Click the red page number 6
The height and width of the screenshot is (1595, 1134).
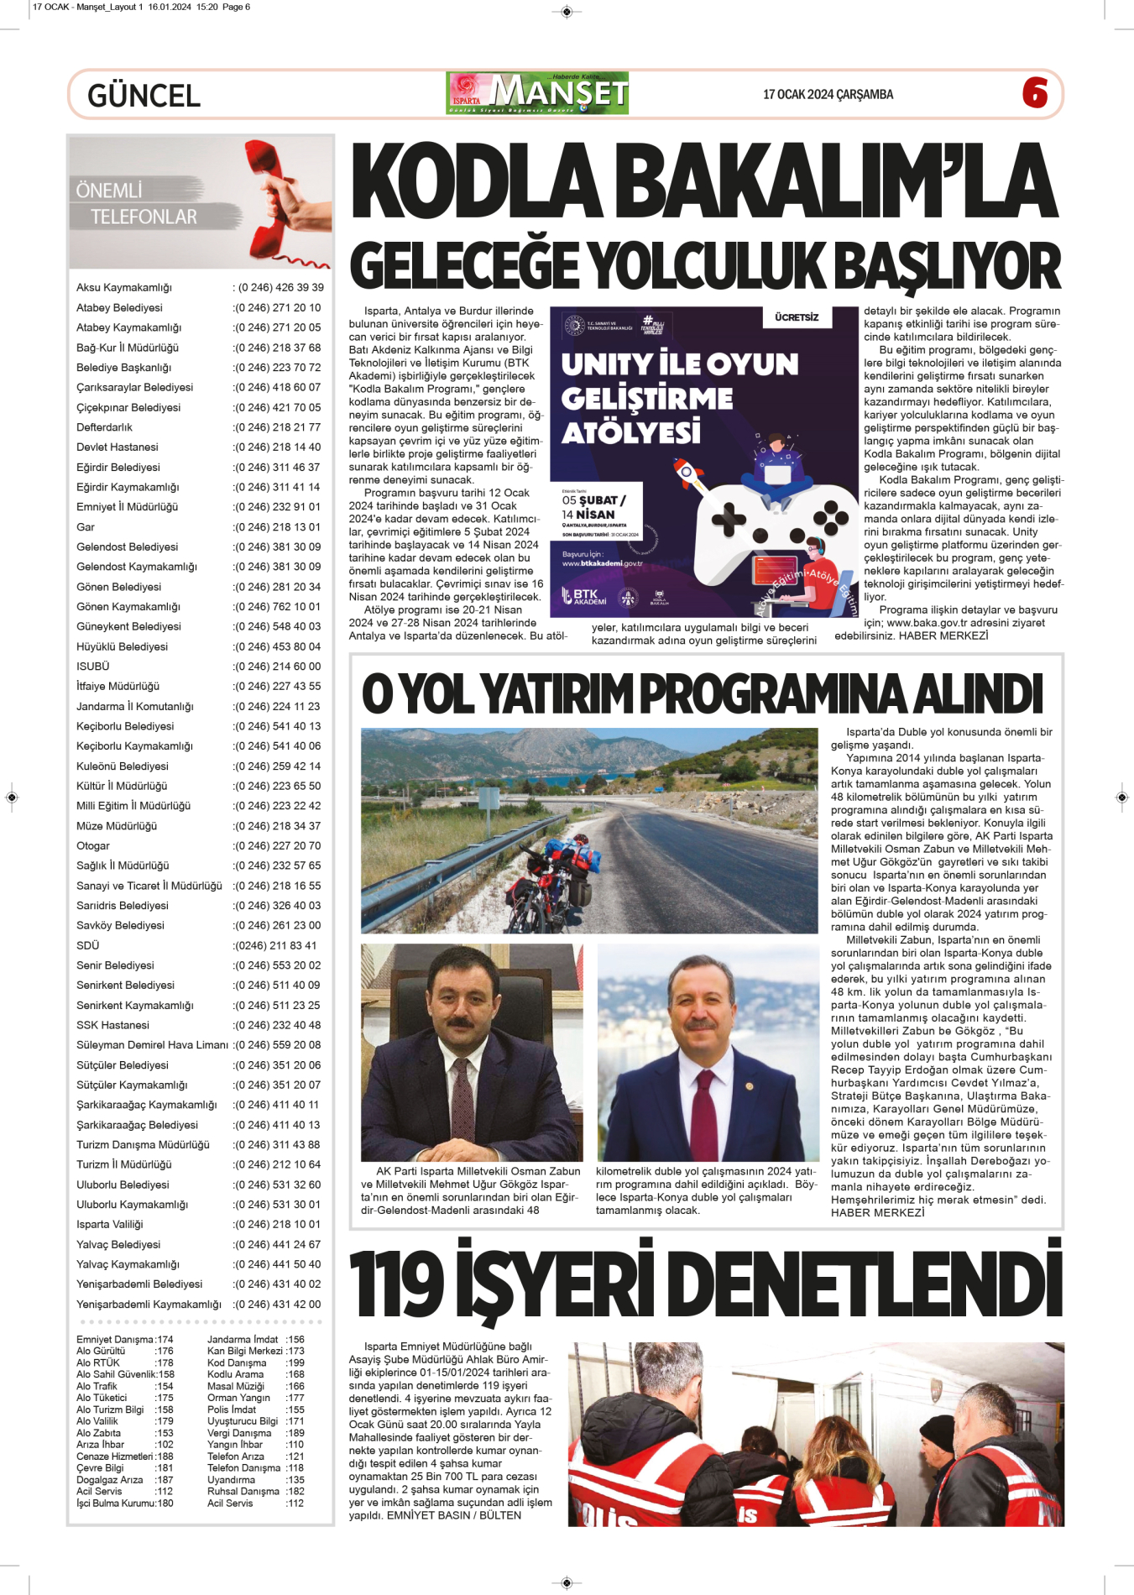[1035, 92]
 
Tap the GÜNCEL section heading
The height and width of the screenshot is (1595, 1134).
[144, 96]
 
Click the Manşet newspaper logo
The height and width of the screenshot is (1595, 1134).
[537, 93]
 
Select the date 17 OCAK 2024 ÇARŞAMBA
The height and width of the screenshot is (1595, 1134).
[828, 95]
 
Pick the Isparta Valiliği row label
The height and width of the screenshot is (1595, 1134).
[110, 1224]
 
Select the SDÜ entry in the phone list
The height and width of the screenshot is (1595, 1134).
[88, 945]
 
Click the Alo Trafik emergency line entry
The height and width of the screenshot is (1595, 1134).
[97, 1386]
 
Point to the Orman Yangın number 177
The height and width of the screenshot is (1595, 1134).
[295, 1398]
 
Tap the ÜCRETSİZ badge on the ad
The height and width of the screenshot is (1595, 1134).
[797, 317]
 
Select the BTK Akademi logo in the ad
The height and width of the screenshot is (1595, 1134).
[585, 597]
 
